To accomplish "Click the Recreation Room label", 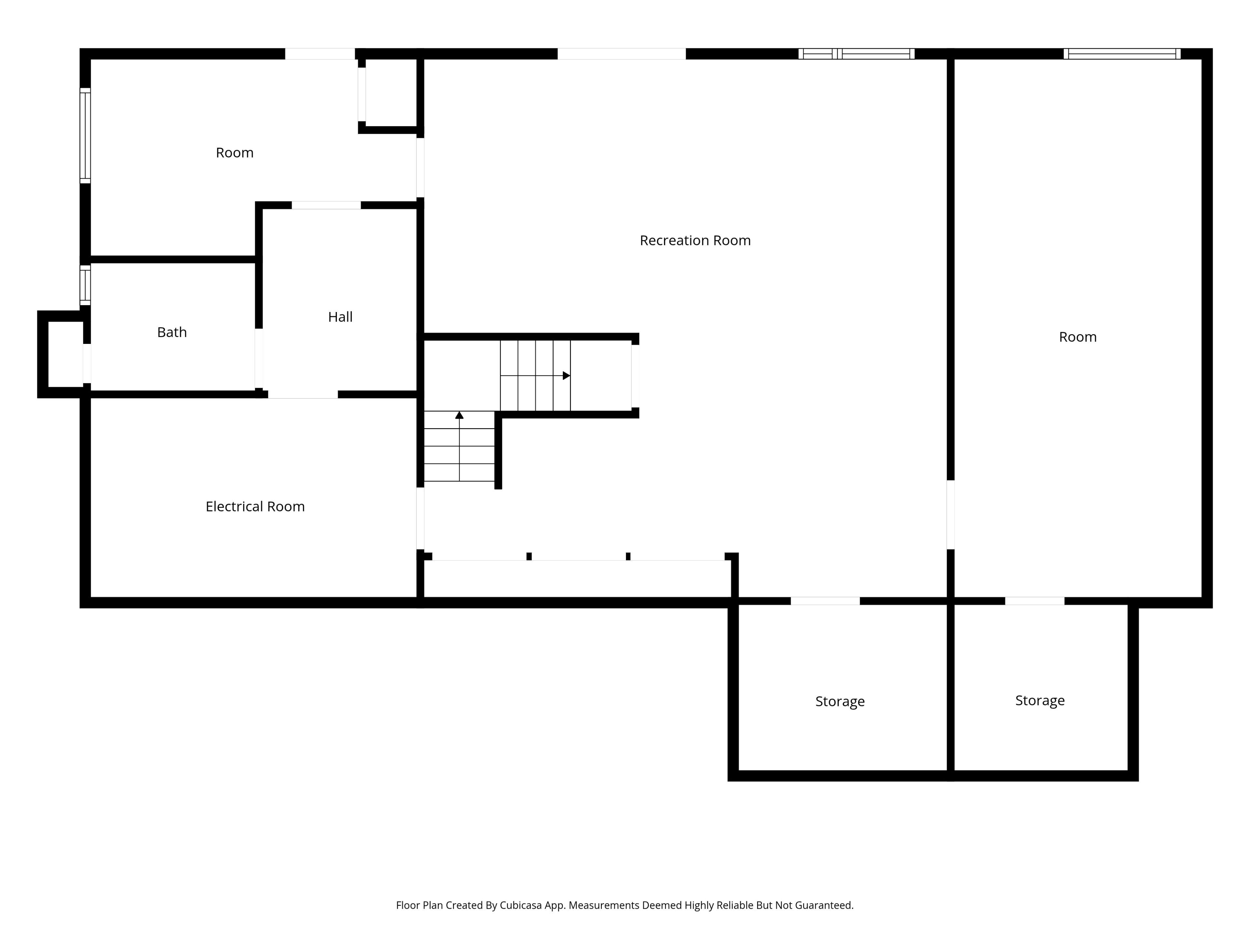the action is point(695,241).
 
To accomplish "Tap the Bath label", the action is point(172,332).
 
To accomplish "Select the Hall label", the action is point(340,317).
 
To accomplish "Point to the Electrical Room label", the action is point(255,507).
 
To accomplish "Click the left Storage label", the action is point(840,701).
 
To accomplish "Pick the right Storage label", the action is point(1040,700).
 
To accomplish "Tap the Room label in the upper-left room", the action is point(234,153).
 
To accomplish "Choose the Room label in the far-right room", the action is point(1078,337).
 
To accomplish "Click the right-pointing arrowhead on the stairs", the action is point(566,375).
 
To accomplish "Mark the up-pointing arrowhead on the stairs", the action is point(459,415).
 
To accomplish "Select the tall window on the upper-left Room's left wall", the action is point(85,136).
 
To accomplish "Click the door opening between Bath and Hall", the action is point(259,358).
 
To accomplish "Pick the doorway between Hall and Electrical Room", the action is point(303,394).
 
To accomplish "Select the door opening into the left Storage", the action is point(825,601).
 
